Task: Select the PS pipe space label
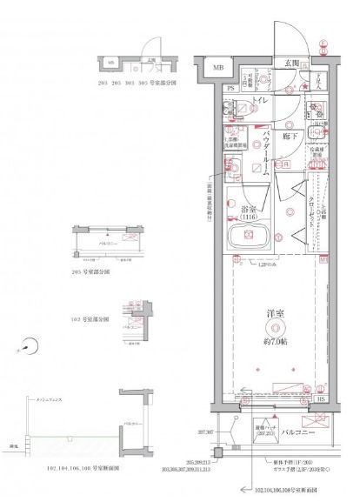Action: (230, 88)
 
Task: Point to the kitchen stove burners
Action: (316, 110)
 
